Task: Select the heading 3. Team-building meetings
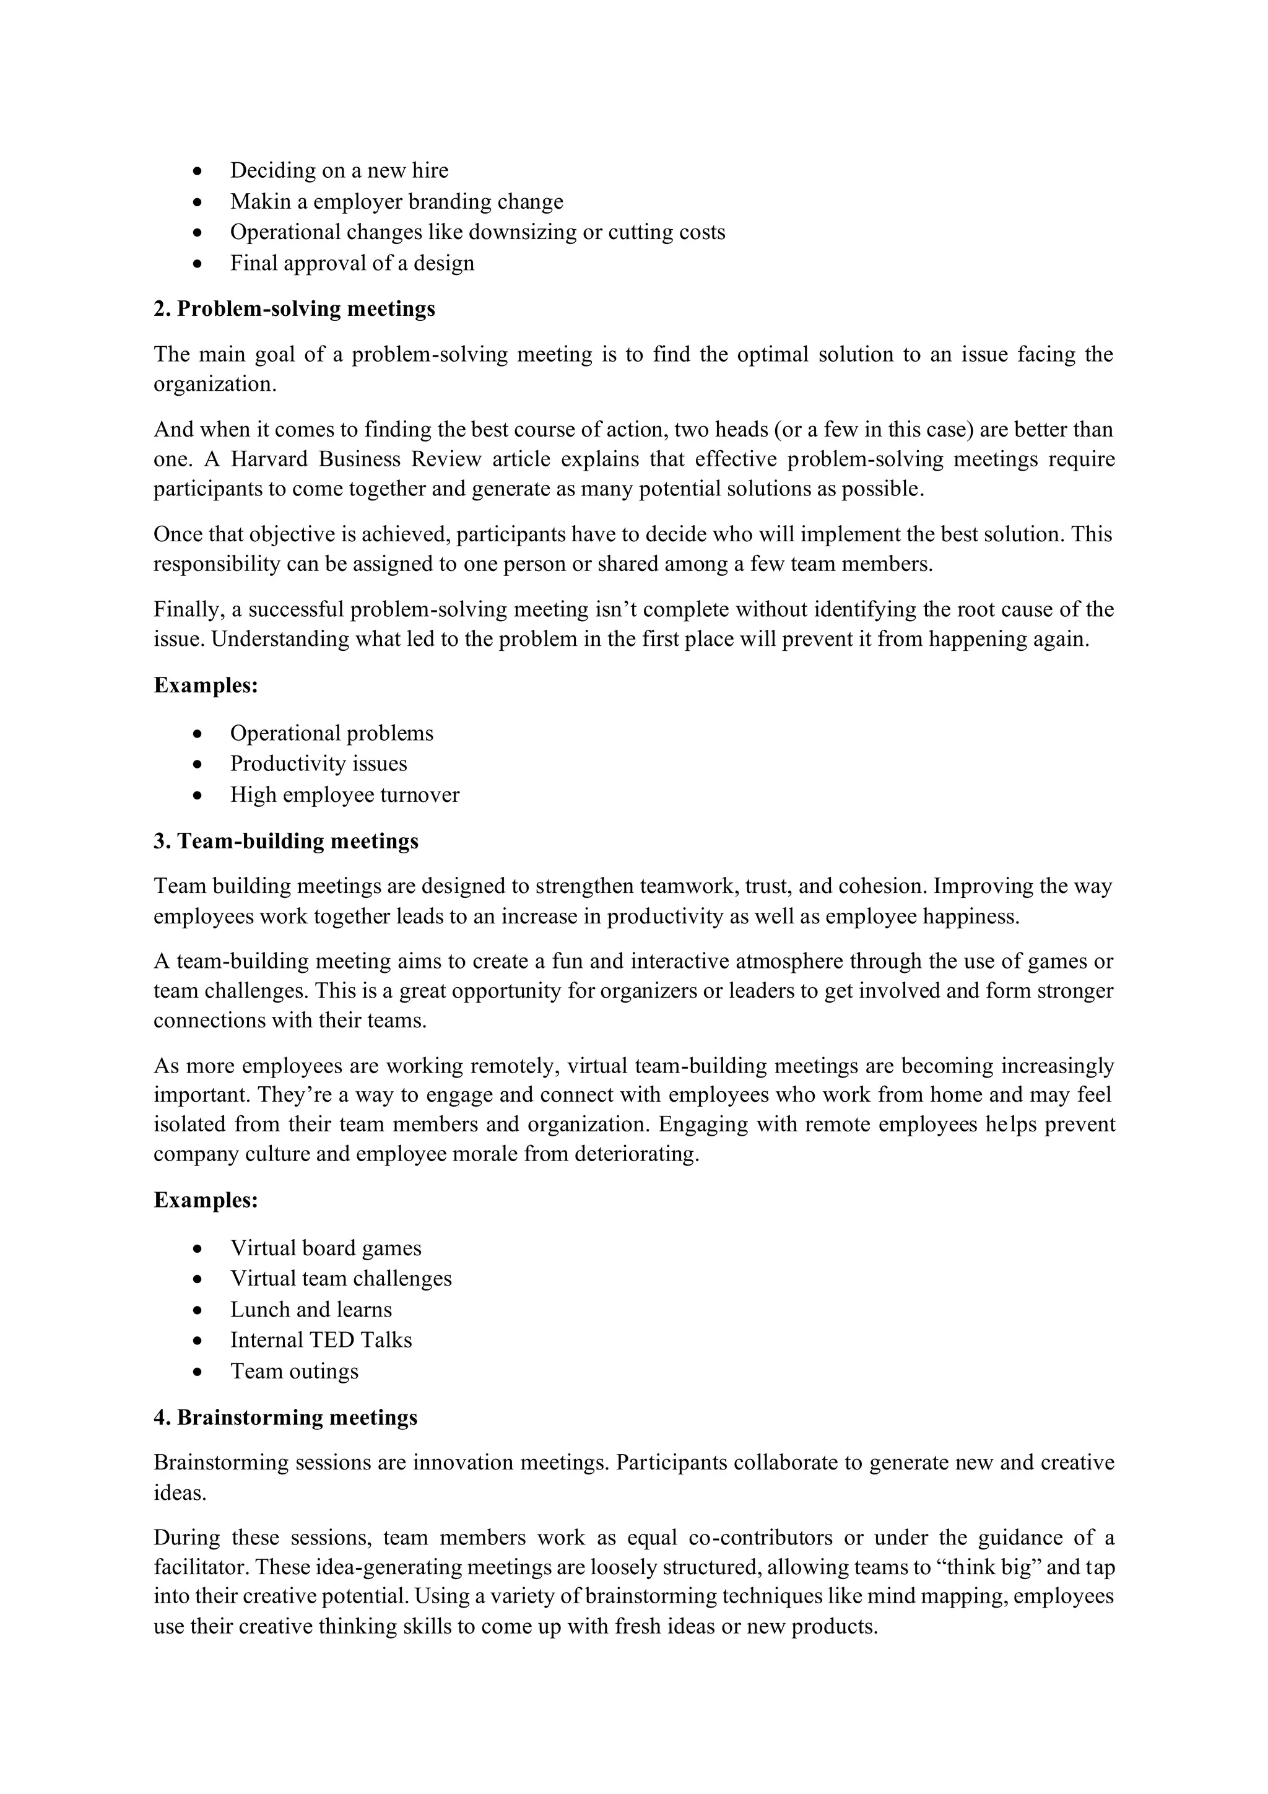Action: pos(285,841)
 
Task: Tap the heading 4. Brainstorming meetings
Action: pos(285,1417)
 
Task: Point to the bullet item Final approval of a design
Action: pos(352,263)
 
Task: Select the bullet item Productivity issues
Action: pos(318,764)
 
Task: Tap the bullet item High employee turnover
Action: pos(344,795)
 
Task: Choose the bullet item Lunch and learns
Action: pos(310,1310)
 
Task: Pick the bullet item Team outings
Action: pos(293,1371)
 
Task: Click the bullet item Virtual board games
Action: pos(325,1248)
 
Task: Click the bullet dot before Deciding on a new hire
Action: pos(199,170)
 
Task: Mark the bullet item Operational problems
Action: pos(331,733)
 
